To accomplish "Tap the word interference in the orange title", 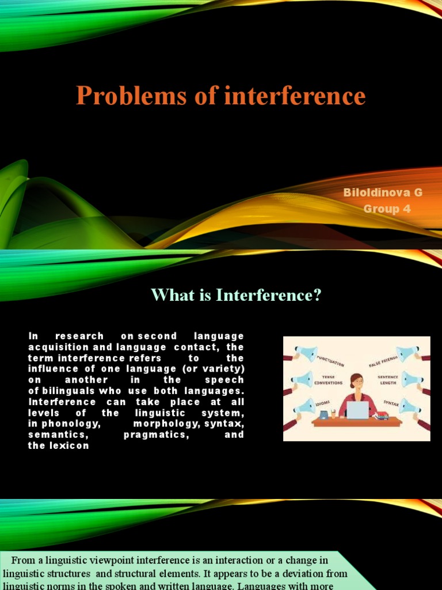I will click(295, 96).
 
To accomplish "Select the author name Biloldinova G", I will click(383, 192).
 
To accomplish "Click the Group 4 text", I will click(387, 209).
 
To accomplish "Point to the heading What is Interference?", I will click(236, 295).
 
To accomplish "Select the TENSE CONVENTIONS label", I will click(329, 380).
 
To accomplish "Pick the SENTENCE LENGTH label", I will click(388, 380).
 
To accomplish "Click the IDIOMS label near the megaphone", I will click(322, 404).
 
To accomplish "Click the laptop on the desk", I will click(357, 410).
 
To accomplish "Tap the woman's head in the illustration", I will click(357, 381).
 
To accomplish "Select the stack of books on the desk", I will click(382, 415).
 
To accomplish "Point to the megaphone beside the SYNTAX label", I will click(409, 406).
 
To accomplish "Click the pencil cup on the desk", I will click(333, 413).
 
